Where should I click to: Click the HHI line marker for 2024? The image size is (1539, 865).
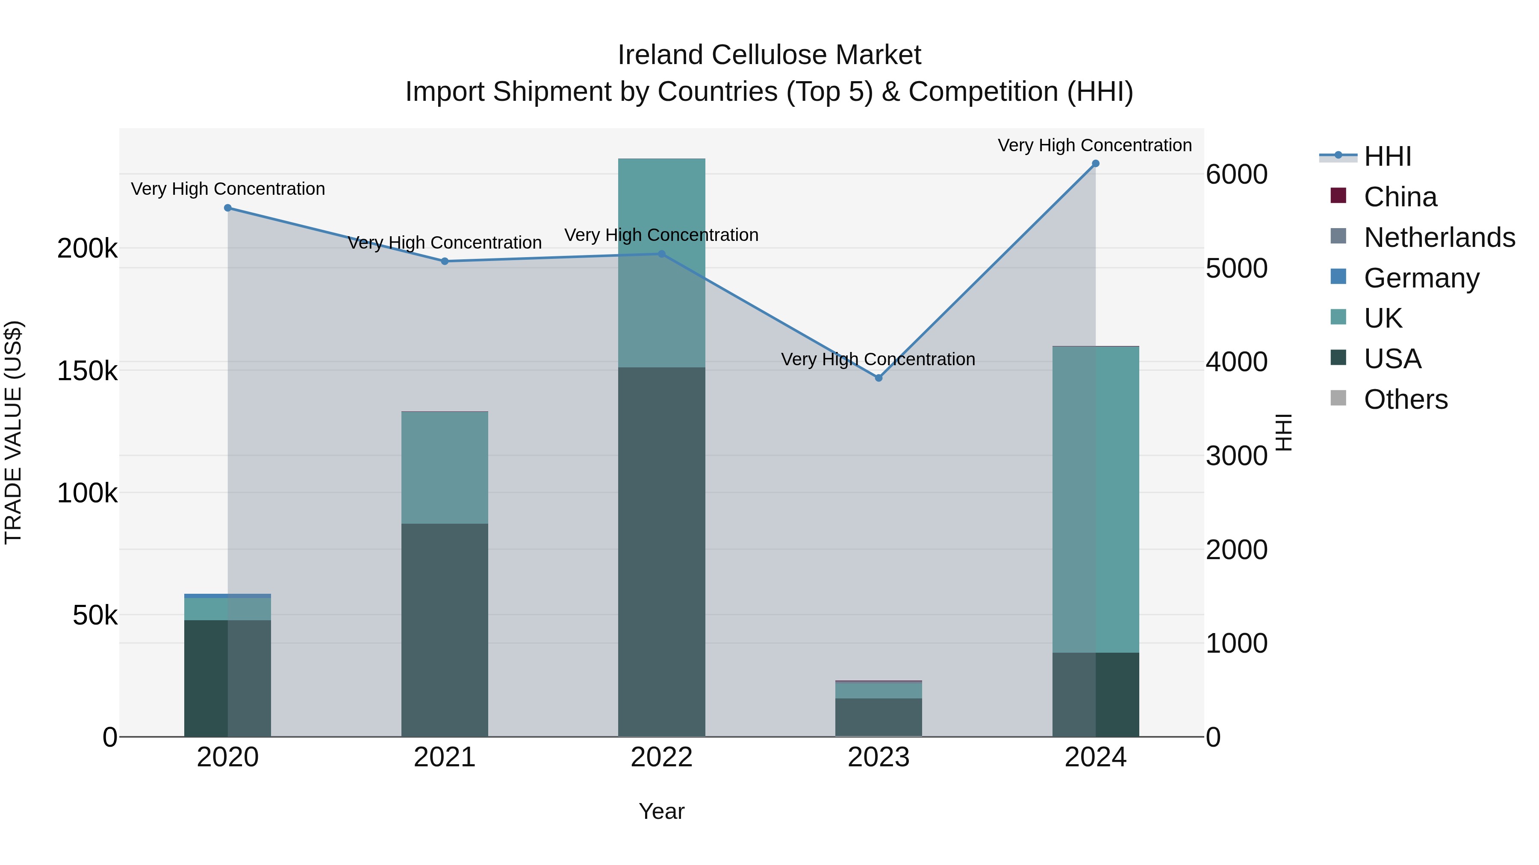(1095, 164)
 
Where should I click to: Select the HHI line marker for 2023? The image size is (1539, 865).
(878, 378)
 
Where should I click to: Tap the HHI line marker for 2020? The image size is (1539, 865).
(227, 208)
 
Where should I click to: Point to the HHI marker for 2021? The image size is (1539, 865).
(445, 261)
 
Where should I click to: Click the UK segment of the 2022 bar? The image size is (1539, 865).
(661, 263)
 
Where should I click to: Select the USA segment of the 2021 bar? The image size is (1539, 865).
(445, 630)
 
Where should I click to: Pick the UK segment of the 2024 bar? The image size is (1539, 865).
(1095, 499)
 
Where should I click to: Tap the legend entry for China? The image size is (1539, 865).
(1400, 197)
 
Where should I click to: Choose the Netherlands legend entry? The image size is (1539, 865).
(1439, 238)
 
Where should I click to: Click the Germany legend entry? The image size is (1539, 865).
(1421, 278)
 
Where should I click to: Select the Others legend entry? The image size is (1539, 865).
(1405, 399)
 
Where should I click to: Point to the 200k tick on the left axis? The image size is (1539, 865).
(87, 248)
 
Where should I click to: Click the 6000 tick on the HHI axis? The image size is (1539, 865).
(1236, 174)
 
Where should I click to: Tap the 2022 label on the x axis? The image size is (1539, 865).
(661, 757)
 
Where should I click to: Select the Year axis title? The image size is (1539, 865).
(661, 811)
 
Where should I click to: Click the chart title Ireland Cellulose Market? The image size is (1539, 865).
(769, 55)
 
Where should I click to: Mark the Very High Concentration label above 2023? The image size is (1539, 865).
(878, 359)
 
